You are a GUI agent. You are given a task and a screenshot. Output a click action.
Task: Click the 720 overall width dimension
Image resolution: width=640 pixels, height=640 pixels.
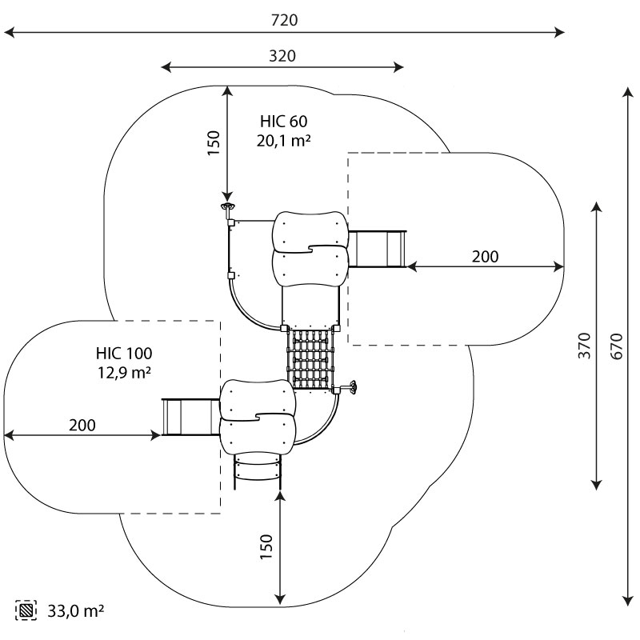tap(284, 21)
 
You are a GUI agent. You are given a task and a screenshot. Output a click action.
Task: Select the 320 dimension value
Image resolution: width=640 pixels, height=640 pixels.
tap(282, 56)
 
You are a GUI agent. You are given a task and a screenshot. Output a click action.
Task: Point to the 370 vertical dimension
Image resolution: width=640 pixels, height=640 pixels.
tap(584, 345)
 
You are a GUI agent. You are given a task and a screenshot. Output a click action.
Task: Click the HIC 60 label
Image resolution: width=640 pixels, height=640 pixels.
tap(283, 122)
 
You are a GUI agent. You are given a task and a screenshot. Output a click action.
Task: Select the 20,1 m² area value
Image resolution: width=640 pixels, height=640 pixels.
tap(283, 141)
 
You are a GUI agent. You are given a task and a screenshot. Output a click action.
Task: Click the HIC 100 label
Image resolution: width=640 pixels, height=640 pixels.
tap(123, 353)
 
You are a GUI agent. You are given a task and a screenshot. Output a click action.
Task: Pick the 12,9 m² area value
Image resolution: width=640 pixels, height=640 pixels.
tap(123, 372)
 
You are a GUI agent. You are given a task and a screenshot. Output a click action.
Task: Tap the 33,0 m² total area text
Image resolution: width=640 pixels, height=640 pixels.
tap(75, 611)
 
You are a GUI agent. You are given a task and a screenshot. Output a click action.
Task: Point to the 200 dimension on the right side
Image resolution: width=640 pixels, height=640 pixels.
tap(484, 256)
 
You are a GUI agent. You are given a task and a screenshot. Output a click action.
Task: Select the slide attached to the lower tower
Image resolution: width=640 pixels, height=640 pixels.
tap(190, 416)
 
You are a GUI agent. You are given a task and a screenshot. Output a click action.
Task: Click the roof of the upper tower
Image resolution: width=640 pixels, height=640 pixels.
tap(310, 248)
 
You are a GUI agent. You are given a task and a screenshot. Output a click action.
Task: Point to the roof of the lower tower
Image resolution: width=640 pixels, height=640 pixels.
tap(258, 416)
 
